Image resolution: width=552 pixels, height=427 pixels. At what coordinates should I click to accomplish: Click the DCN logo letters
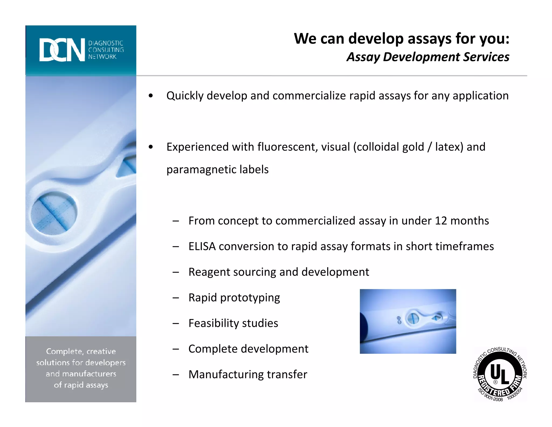[x=62, y=50]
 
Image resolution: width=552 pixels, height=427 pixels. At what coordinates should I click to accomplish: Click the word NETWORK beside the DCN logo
[x=102, y=57]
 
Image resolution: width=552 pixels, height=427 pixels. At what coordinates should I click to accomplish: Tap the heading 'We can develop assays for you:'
[x=401, y=39]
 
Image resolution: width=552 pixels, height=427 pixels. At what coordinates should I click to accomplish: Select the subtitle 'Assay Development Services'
[x=428, y=57]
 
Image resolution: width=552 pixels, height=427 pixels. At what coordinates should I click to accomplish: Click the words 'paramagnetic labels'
[x=217, y=170]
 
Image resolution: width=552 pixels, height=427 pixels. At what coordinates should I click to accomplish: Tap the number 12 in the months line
[x=441, y=221]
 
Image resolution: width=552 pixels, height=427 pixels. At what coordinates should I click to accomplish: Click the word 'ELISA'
[x=202, y=246]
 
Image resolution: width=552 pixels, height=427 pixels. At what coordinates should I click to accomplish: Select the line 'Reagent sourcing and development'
[x=278, y=272]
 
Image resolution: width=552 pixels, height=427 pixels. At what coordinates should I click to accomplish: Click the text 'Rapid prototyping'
[x=234, y=298]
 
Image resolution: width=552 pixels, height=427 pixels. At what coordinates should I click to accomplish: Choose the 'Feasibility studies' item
[x=233, y=323]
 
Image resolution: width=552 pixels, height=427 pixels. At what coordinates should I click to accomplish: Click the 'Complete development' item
[x=248, y=349]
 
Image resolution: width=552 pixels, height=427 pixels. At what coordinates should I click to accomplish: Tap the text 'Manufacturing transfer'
[x=247, y=375]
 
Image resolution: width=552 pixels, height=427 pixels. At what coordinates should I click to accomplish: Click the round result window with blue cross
[x=54, y=213]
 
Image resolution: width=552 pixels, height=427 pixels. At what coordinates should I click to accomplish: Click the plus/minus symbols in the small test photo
[x=399, y=320]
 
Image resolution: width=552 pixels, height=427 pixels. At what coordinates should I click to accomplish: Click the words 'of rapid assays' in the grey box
[x=81, y=385]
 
